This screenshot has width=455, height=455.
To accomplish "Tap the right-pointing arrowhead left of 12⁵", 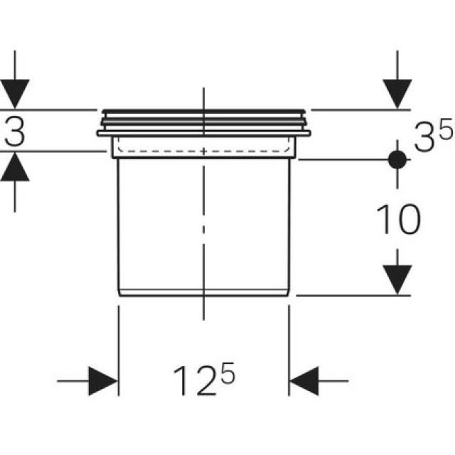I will click(x=104, y=381).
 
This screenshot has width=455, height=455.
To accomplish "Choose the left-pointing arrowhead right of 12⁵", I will click(x=304, y=381).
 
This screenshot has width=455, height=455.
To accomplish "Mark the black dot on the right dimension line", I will click(x=397, y=159).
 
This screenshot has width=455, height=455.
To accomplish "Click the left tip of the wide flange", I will click(x=98, y=132).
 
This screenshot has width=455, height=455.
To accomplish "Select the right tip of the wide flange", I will click(x=310, y=132).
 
